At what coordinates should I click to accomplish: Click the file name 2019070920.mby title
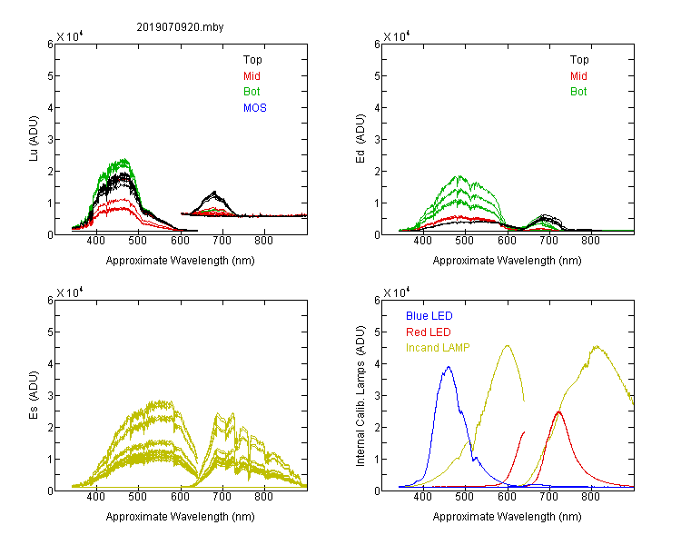[180, 27]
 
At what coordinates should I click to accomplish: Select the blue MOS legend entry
[255, 108]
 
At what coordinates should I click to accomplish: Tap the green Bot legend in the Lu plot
[252, 92]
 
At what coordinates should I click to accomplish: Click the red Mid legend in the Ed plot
[578, 76]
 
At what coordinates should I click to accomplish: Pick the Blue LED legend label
[429, 316]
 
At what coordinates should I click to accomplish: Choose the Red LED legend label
[429, 332]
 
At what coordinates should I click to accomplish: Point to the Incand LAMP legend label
[438, 348]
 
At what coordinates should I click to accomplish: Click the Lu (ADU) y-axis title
[34, 139]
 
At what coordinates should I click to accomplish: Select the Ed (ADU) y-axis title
[360, 139]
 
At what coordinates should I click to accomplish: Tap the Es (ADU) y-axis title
[34, 395]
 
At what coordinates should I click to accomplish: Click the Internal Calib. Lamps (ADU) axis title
[360, 396]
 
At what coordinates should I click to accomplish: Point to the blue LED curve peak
[449, 367]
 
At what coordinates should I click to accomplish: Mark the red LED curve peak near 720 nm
[559, 411]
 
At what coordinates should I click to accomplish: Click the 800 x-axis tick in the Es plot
[263, 497]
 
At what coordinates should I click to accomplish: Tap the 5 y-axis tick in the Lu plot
[50, 76]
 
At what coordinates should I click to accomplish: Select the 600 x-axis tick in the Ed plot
[507, 241]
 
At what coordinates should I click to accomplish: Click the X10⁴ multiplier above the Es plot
[70, 292]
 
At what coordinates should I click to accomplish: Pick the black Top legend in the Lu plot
[252, 60]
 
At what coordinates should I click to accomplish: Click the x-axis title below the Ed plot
[507, 261]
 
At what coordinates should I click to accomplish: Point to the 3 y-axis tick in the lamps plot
[377, 395]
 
